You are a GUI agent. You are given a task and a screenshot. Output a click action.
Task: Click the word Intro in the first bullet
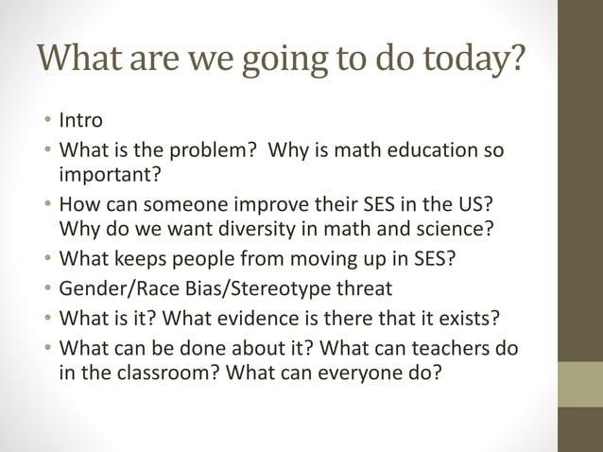[80, 122]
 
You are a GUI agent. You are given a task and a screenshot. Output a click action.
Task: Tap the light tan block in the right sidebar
[579, 383]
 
